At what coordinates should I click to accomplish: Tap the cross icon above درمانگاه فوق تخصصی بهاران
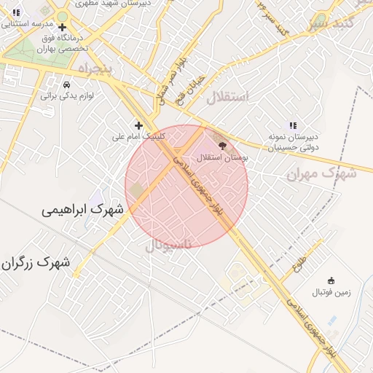point(71,27)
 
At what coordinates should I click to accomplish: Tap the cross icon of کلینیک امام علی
point(138,125)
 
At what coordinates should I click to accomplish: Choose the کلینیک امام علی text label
point(138,136)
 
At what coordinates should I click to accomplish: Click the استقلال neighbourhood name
point(227,97)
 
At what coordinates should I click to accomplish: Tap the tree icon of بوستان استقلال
point(222,145)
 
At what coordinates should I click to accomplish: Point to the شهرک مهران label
point(321,174)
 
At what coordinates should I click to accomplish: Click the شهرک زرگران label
point(36,262)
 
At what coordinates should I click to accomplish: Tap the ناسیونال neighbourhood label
point(168,246)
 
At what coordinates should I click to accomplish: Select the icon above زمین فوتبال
point(331,280)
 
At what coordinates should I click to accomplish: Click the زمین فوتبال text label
point(331,292)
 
